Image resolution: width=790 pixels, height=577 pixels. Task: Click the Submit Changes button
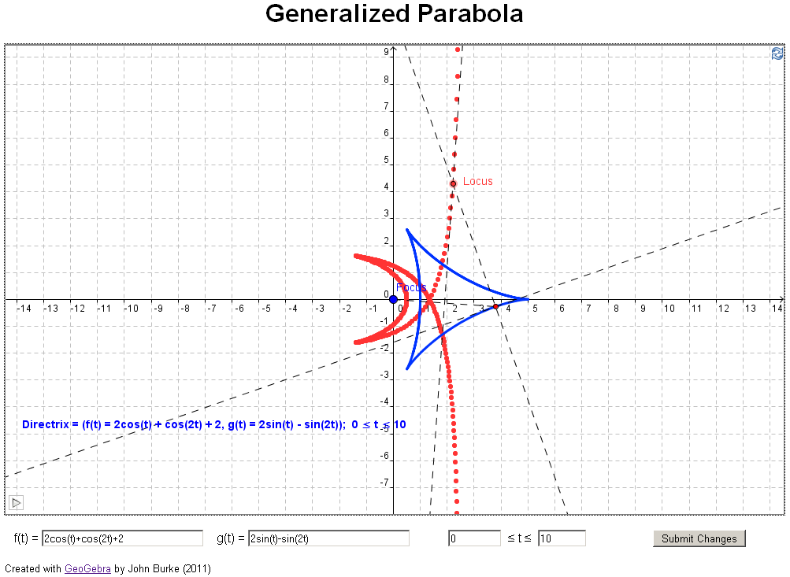tap(699, 538)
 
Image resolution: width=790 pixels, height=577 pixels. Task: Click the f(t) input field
tap(122, 538)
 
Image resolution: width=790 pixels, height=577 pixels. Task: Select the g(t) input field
tap(328, 538)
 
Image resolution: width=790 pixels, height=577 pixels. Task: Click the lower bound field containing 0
tap(474, 538)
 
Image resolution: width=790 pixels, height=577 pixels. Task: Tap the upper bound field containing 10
tap(562, 538)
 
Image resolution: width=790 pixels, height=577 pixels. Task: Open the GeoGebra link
tap(87, 568)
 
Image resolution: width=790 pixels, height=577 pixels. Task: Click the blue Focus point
tap(394, 299)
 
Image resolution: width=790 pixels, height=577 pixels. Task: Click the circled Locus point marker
tap(453, 184)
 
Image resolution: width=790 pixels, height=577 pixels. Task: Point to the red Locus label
tap(477, 181)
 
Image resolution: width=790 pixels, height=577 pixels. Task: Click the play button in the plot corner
tap(16, 502)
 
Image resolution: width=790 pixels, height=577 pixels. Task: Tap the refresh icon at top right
tap(777, 54)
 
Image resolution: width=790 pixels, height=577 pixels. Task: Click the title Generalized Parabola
tap(394, 14)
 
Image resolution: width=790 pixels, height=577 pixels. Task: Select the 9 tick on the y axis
tap(387, 52)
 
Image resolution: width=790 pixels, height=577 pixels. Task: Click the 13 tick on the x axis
tap(750, 308)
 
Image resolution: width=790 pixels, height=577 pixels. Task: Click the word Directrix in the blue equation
tap(46, 424)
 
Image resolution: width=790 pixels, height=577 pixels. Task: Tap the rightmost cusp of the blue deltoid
tap(528, 298)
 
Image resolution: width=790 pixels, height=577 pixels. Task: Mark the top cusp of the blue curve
tap(406, 229)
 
